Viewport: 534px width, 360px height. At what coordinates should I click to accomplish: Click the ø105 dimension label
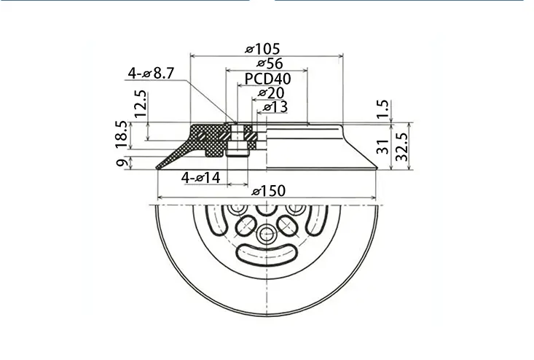pos(262,49)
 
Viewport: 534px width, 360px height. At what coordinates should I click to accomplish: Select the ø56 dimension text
pos(270,63)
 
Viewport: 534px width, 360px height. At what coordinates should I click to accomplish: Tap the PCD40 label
pos(267,79)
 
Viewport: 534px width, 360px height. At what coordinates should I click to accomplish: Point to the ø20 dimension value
pos(271,93)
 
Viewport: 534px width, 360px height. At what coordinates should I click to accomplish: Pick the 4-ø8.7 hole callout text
pos(151,73)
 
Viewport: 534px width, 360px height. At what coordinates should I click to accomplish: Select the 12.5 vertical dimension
pos(141,103)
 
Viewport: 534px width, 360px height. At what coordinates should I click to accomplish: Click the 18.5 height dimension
pos(122,135)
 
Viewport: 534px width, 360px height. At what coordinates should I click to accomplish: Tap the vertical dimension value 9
pos(122,162)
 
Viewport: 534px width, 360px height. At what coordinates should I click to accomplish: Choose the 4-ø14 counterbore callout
pos(200,177)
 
